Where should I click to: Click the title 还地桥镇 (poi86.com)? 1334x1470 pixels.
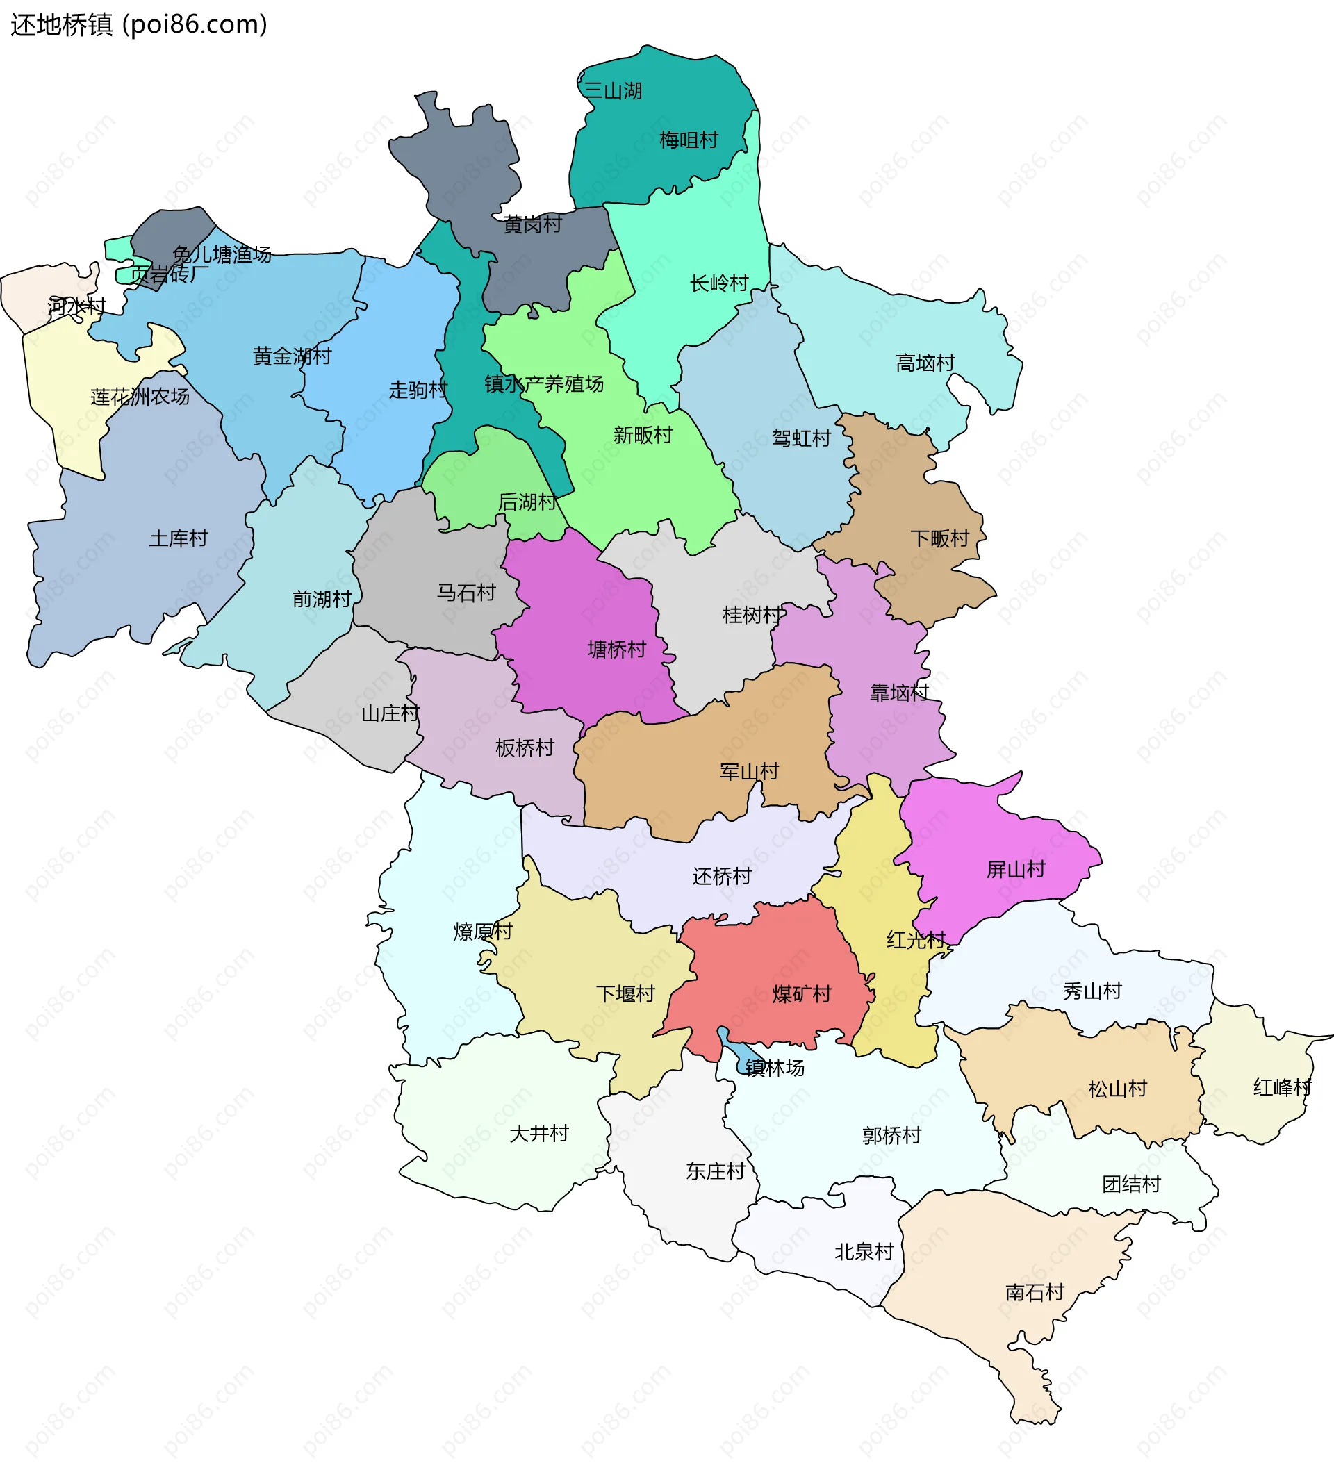(138, 25)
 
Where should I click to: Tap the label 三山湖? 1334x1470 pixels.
(613, 91)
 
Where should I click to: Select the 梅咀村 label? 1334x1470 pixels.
(689, 140)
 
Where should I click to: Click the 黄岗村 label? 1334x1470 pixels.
(532, 224)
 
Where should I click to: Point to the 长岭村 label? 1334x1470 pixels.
(719, 283)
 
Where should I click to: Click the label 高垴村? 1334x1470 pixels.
(925, 363)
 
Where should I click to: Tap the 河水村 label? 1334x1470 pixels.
(76, 306)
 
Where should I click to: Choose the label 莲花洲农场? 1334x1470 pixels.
(140, 397)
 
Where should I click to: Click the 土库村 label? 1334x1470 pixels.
(178, 538)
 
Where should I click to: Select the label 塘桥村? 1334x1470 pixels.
(616, 649)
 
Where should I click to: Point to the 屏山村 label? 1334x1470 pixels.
(1015, 869)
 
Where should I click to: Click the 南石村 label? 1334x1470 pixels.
(1035, 1293)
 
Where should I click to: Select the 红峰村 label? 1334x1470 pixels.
(1282, 1087)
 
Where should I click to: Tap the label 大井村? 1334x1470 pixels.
(538, 1133)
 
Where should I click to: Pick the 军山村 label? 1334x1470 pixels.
(749, 771)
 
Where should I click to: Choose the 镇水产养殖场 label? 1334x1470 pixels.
(543, 383)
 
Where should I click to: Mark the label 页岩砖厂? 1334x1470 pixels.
(170, 274)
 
